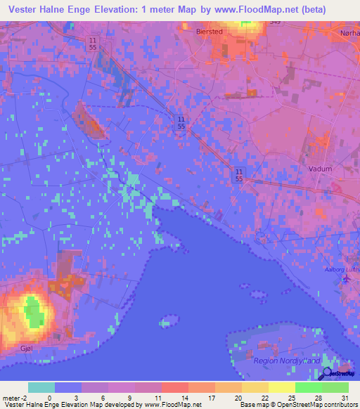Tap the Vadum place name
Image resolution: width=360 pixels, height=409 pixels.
tap(321, 169)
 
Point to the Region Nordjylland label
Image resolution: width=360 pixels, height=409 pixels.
tap(285, 361)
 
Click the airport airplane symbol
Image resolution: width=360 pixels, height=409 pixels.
tap(346, 279)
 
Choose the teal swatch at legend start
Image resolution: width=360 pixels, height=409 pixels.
tap(41, 387)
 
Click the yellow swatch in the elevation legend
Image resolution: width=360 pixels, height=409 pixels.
tap(281, 387)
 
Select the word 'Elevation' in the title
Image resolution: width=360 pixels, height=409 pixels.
tap(118, 9)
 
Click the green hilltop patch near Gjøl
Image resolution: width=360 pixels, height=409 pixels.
tap(32, 307)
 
